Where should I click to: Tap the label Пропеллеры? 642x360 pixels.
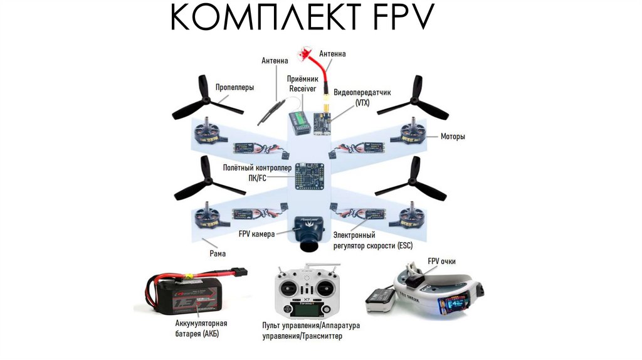235,88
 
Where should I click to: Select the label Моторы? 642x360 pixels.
453,136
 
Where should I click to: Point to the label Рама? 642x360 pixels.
218,253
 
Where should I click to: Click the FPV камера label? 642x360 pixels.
256,233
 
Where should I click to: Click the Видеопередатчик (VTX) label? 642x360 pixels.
362,97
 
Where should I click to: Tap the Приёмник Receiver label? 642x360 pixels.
303,84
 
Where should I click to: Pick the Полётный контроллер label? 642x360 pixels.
258,172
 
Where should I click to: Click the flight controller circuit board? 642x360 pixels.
311,179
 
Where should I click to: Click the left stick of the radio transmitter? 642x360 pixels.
290,289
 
